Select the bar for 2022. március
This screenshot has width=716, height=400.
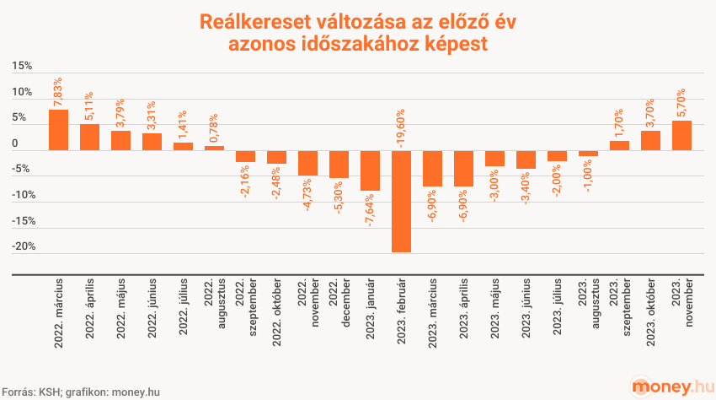tap(58, 130)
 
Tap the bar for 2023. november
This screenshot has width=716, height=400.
tap(681, 136)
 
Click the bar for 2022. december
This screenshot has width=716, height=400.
tap(339, 164)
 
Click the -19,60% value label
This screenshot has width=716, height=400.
tap(401, 127)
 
